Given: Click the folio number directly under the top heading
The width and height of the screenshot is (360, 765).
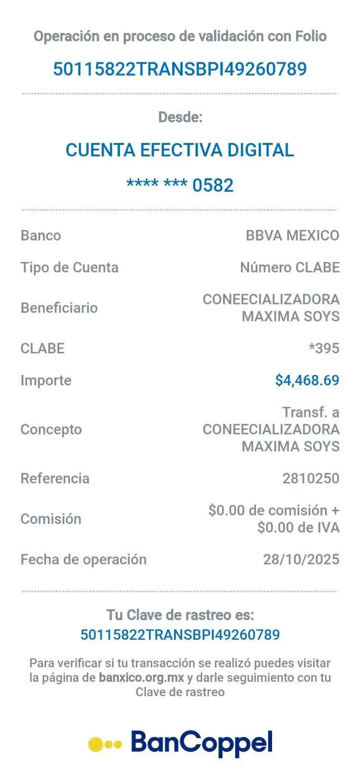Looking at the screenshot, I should (x=180, y=69).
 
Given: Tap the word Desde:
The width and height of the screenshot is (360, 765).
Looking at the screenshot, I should (x=180, y=117).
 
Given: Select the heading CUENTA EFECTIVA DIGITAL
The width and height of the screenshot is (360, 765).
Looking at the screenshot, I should (x=180, y=150).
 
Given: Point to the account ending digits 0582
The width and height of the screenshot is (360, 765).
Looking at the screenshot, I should (x=213, y=185).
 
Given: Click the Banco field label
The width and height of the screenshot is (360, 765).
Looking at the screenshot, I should (x=41, y=235).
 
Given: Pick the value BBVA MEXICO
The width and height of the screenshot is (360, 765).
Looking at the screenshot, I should (x=292, y=235).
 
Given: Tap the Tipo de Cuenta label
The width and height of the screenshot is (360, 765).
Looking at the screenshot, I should (x=69, y=267).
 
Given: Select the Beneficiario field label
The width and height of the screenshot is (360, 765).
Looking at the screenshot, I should (x=59, y=307).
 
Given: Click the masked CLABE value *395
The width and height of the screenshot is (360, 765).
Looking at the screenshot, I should (x=324, y=348).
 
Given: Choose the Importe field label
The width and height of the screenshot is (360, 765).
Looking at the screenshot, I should (x=46, y=381).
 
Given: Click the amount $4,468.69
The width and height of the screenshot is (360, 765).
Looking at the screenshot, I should (x=307, y=380).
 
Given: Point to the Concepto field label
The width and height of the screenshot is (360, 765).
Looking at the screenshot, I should (x=51, y=429).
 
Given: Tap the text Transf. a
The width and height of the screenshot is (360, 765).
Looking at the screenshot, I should (x=311, y=412).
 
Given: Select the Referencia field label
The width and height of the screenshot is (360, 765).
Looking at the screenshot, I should (x=55, y=478).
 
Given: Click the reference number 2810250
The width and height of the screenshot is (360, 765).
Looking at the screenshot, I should (x=311, y=478).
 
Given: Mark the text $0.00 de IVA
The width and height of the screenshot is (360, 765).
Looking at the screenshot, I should (x=298, y=527).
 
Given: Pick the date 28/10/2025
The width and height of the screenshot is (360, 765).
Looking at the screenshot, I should (x=301, y=559).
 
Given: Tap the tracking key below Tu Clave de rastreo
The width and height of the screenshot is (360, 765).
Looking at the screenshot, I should (x=180, y=634).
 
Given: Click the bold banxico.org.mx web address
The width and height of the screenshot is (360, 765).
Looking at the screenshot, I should (x=142, y=678).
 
